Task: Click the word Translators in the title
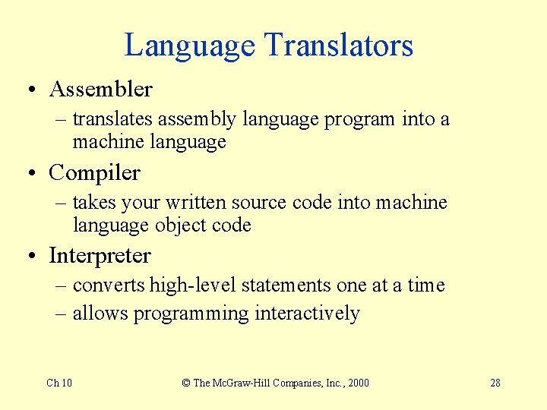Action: tap(339, 46)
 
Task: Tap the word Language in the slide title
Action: tap(190, 46)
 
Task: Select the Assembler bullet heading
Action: tap(100, 90)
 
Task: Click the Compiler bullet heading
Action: tap(94, 172)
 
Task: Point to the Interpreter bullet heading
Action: tap(100, 256)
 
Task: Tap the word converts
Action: tap(109, 285)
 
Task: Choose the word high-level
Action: tap(193, 285)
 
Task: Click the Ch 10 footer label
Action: tap(59, 383)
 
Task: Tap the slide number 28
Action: tap(495, 383)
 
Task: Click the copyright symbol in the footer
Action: tap(186, 383)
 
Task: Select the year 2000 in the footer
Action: tap(356, 383)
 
